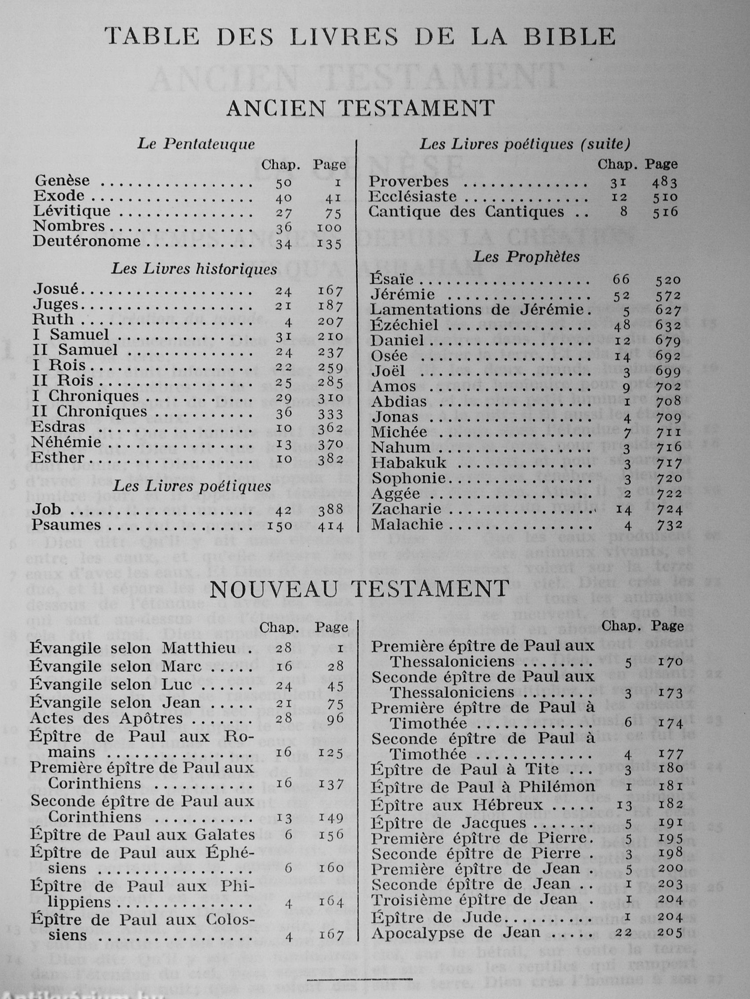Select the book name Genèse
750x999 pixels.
[x=62, y=181]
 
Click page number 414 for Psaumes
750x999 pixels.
[x=330, y=527]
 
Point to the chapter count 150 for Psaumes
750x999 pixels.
[x=281, y=527]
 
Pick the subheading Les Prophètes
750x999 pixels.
[x=526, y=257]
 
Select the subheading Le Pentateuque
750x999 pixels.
[x=196, y=144]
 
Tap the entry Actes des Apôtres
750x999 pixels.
[x=106, y=718]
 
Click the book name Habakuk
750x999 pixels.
[x=409, y=463]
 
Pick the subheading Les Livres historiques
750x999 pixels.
[x=195, y=269]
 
